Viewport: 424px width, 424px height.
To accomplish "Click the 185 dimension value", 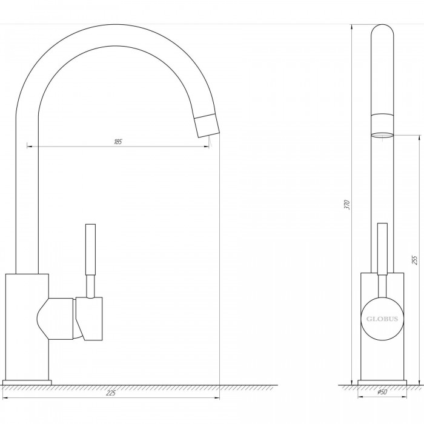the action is [x=118, y=142].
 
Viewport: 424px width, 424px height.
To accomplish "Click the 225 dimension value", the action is [x=111, y=393].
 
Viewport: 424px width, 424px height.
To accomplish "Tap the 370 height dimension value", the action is [x=348, y=205].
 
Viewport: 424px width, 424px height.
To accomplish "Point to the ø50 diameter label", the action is [x=382, y=392].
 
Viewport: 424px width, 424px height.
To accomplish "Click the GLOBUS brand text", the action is [x=382, y=319].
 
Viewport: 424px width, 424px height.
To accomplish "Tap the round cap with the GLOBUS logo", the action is [x=382, y=319].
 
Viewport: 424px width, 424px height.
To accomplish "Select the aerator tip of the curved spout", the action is [x=207, y=125].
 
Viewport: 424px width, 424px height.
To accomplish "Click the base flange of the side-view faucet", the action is [x=382, y=382].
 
